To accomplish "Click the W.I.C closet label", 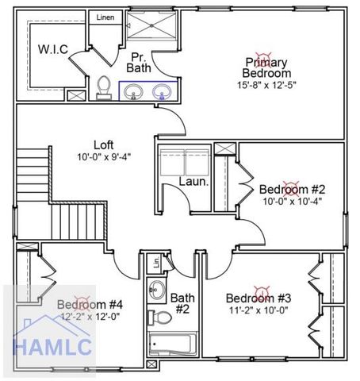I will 53,49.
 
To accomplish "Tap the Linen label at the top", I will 104,17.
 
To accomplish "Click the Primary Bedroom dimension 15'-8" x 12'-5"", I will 266,84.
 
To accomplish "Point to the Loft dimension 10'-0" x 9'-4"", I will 103,156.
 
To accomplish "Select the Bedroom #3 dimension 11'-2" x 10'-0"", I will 259,310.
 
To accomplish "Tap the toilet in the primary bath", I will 104,86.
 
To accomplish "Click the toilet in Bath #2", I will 163,317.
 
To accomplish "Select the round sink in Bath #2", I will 158,287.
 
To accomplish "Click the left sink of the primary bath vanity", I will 135,92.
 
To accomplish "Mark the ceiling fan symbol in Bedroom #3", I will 259,290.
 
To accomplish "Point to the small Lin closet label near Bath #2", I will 156,263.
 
